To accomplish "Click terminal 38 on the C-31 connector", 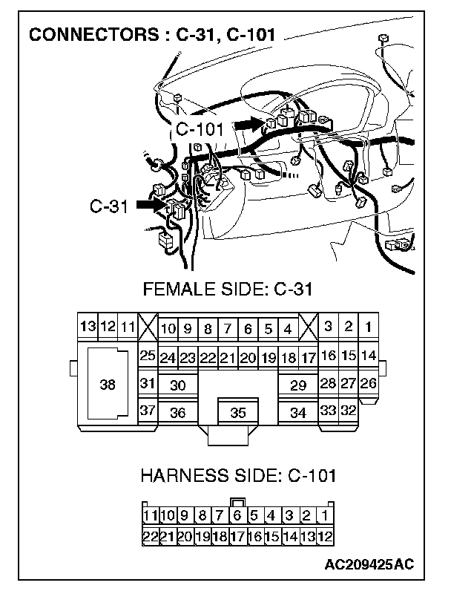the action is coord(108,385).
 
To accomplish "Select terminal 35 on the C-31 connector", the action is coord(238,413).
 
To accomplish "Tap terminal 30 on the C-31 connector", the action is coord(178,385).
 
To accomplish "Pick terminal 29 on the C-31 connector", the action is coord(298,385).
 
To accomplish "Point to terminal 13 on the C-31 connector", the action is coord(88,327).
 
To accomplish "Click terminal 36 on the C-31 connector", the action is coord(178,413).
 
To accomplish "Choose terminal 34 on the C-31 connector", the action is coord(298,413).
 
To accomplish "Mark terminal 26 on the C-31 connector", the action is coord(368,384).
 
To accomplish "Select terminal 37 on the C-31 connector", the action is coord(148,411).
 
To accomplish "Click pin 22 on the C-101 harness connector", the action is coord(149,535).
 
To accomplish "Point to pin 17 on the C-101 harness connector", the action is coord(237,535).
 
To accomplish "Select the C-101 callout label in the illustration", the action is coord(200,129).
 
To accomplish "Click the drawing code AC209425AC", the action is coord(369,566).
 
